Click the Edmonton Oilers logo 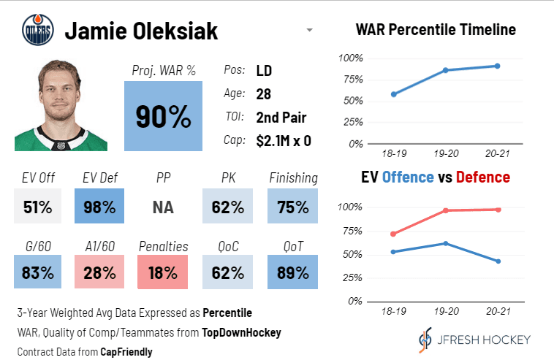click(x=38, y=31)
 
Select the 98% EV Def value click(x=99, y=207)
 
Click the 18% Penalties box click(x=163, y=272)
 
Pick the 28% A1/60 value click(x=99, y=272)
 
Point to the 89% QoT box click(x=292, y=272)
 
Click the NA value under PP click(x=163, y=207)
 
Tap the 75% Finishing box click(x=292, y=207)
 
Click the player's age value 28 click(x=264, y=94)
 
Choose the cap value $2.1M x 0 click(x=284, y=141)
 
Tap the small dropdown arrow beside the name click(x=310, y=31)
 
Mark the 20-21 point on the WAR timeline click(x=497, y=66)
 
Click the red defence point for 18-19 click(x=393, y=234)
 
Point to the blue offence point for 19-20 click(x=445, y=243)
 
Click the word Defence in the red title click(x=483, y=177)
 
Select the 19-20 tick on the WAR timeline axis click(x=445, y=155)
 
